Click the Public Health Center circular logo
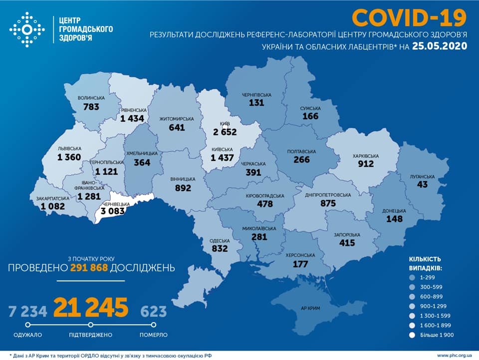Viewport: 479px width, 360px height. pos(27,30)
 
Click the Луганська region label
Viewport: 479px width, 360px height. pos(423,177)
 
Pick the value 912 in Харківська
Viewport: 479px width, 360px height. pos(365,164)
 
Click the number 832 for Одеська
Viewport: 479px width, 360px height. pos(220,248)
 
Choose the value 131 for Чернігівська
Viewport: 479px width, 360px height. pos(257,102)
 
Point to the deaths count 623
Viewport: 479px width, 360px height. pos(153,312)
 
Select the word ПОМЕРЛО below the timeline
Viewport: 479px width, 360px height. pos(153,335)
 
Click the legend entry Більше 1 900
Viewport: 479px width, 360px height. pos(436,335)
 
